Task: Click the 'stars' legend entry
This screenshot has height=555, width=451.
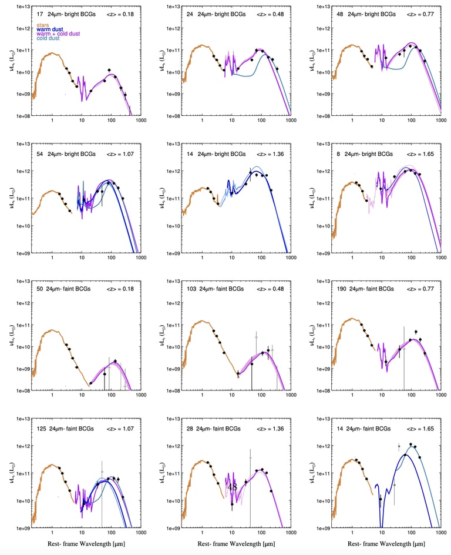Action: tap(43, 25)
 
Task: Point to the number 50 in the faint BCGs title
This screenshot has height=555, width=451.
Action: tap(38, 289)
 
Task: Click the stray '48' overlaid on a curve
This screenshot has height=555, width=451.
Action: tap(232, 487)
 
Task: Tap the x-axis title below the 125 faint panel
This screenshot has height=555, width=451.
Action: tap(87, 544)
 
